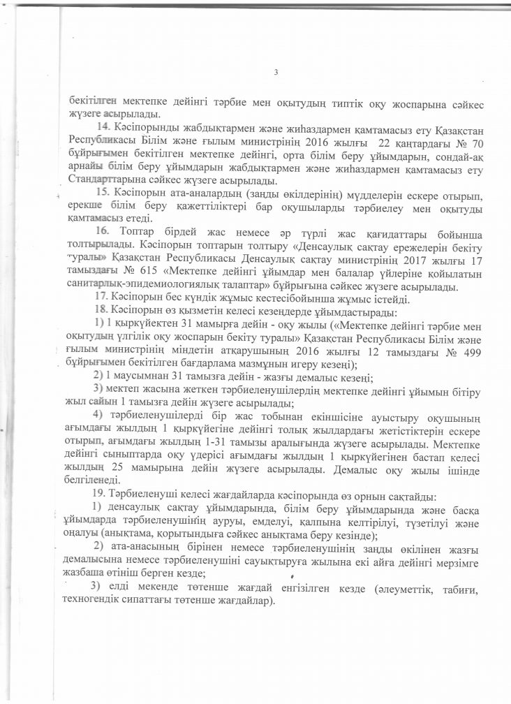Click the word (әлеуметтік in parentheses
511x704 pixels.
[391, 585]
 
